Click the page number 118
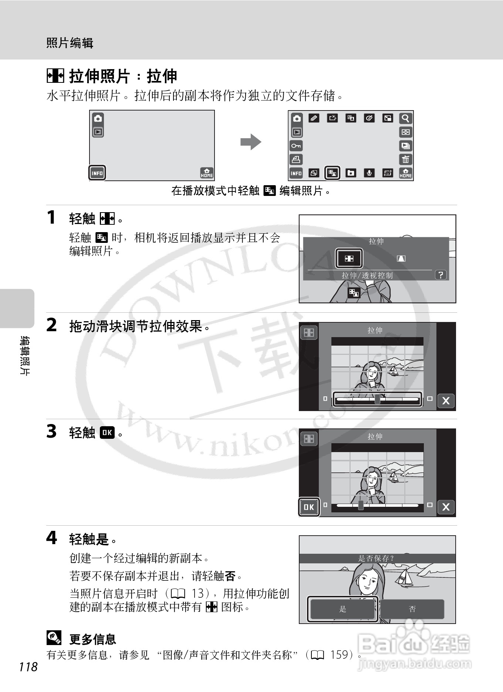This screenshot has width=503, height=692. pyautogui.click(x=28, y=667)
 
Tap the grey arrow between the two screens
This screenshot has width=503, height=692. pyautogui.click(x=251, y=142)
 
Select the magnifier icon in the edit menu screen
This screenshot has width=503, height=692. pyautogui.click(x=406, y=118)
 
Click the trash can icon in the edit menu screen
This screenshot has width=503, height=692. pyautogui.click(x=406, y=159)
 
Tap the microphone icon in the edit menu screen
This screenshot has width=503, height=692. pyautogui.click(x=369, y=173)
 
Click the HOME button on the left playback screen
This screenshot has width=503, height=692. pyautogui.click(x=207, y=173)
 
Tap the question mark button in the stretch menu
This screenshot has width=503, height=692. pyautogui.click(x=440, y=275)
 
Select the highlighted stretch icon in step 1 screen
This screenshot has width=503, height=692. pyautogui.click(x=349, y=258)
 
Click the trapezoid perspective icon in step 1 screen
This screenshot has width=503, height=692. pyautogui.click(x=401, y=258)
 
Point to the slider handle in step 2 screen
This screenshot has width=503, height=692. pyautogui.click(x=377, y=399)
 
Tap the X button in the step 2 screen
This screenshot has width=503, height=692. pyautogui.click(x=446, y=401)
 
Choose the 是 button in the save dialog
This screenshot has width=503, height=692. pyautogui.click(x=342, y=609)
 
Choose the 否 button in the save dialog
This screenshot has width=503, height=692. pyautogui.click(x=412, y=609)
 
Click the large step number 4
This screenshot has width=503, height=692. pyautogui.click(x=52, y=538)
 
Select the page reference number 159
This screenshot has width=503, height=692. pyautogui.click(x=339, y=655)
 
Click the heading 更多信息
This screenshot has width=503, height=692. pyautogui.click(x=92, y=639)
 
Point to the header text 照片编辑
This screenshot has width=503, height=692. pyautogui.click(x=70, y=43)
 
